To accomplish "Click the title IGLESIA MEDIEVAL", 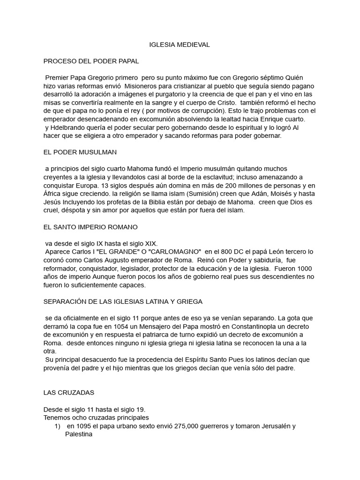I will tap(180, 45).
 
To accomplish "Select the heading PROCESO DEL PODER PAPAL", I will tap(91, 61).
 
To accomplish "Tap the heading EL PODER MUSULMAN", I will tap(80, 152).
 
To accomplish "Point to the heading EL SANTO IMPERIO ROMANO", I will tap(90, 227).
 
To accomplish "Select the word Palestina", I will tap(79, 435).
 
